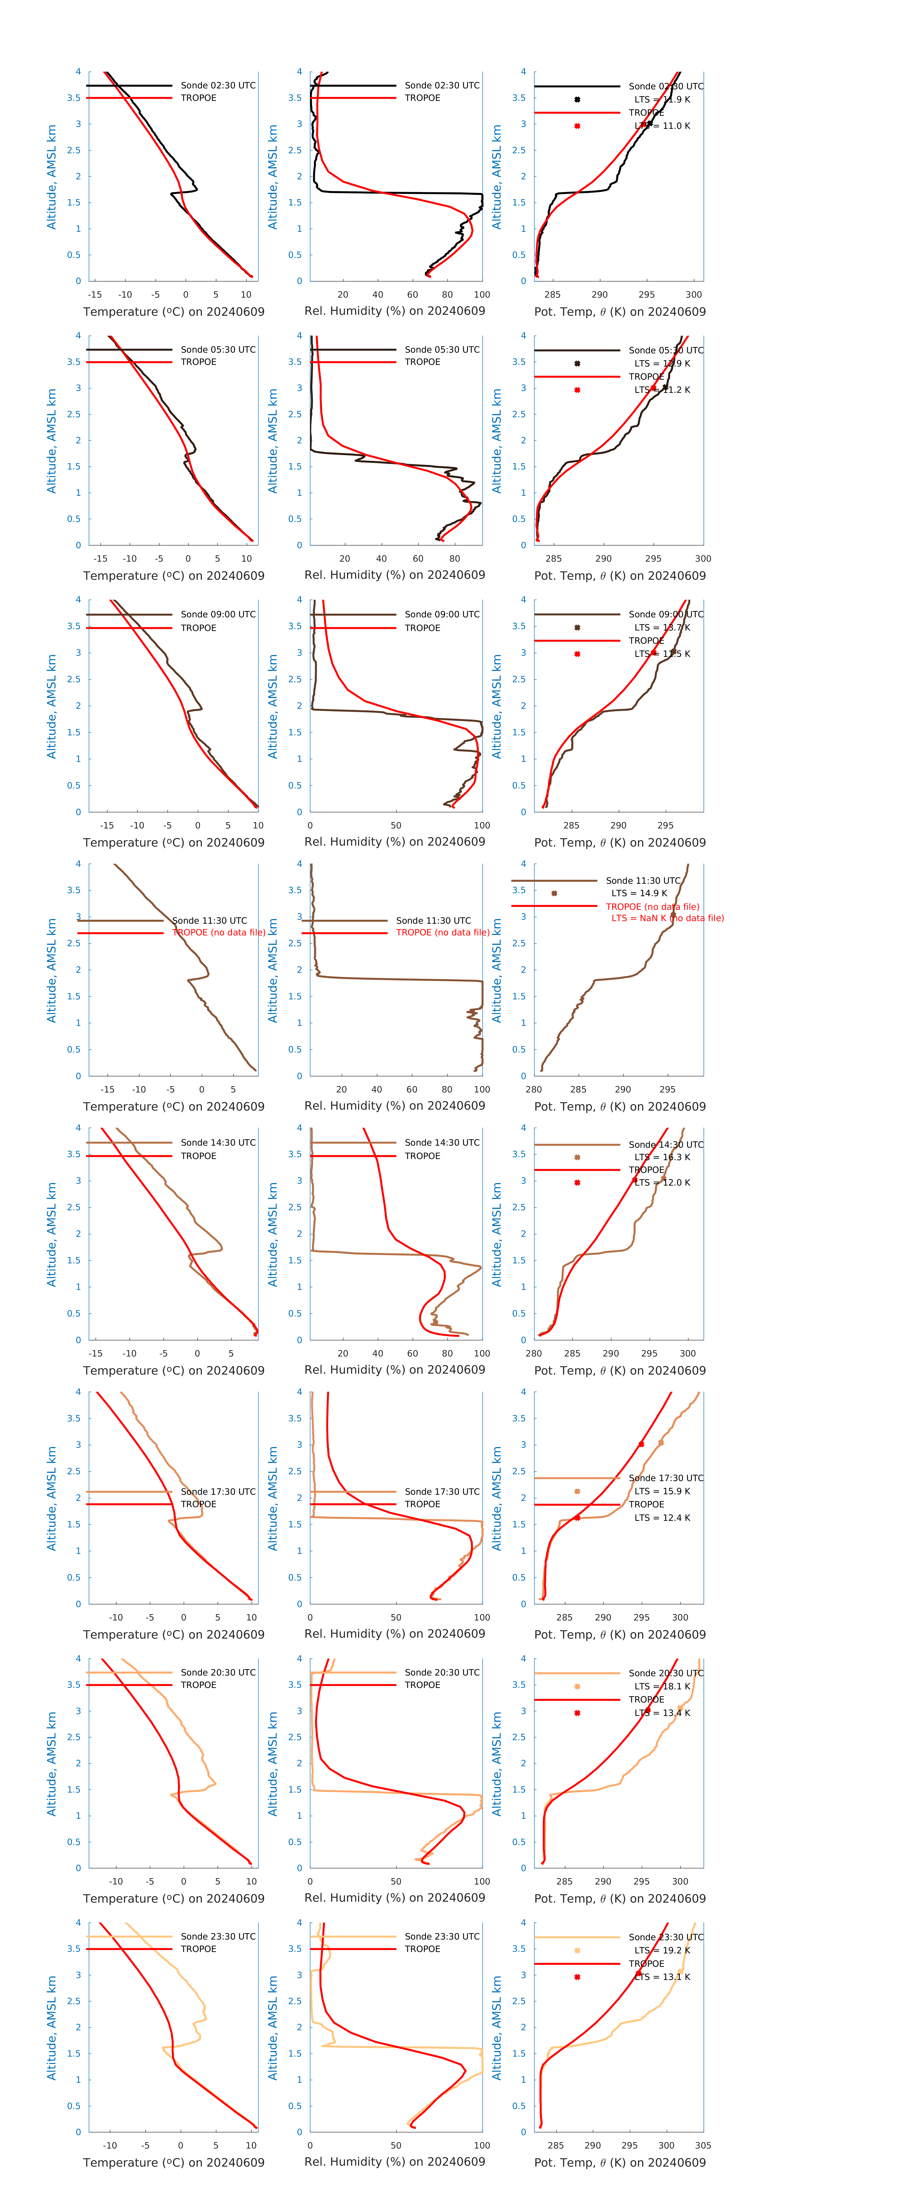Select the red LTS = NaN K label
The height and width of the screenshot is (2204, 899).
click(667, 918)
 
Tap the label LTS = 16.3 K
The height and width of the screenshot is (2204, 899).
click(662, 1157)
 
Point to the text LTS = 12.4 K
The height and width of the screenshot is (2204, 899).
click(662, 1518)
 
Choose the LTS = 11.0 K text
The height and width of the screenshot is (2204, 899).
click(662, 126)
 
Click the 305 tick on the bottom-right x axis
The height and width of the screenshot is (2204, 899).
click(702, 2145)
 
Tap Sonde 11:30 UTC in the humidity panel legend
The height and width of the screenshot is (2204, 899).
click(434, 921)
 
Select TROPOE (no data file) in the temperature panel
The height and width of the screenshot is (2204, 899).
click(219, 933)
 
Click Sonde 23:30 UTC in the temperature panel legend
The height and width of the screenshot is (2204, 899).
click(218, 1936)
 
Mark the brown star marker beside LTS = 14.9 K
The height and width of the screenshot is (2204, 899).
click(554, 893)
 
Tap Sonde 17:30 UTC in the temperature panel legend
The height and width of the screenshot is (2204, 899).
click(218, 1491)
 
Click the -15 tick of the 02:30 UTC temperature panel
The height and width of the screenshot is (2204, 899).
click(95, 294)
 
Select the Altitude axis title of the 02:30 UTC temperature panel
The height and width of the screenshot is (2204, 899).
click(51, 176)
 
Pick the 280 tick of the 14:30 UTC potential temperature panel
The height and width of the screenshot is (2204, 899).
click(534, 1353)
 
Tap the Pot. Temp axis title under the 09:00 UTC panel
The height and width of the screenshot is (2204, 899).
click(619, 843)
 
